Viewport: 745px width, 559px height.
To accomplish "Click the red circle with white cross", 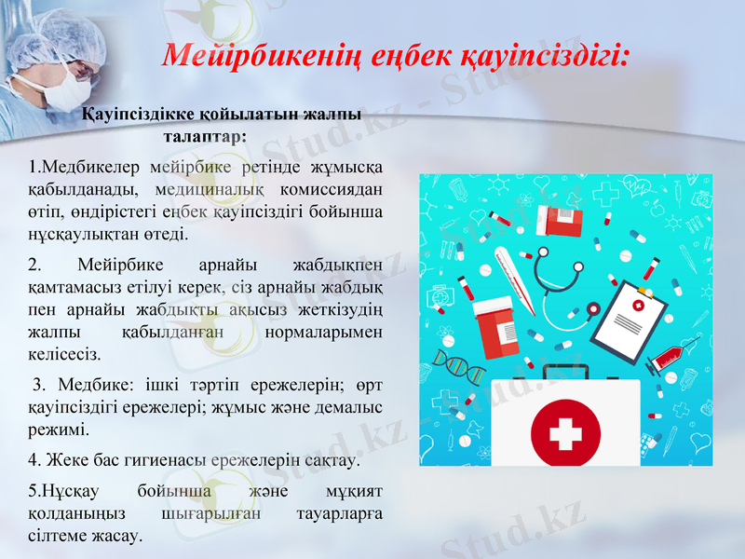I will [x=564, y=432].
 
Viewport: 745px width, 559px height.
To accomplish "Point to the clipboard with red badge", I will [x=633, y=322].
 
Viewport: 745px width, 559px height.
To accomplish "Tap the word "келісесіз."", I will [x=65, y=354].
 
